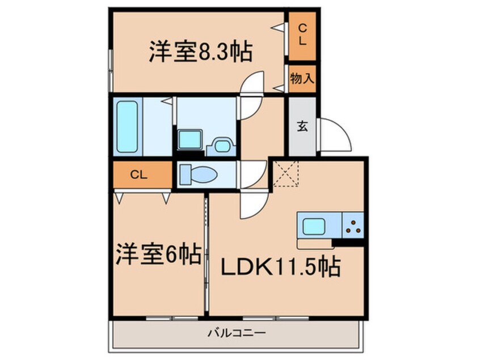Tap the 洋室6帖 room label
(159, 255)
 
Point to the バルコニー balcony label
(237, 332)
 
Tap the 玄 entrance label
(302, 127)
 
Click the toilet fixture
(195, 174)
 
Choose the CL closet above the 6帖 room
(140, 175)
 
